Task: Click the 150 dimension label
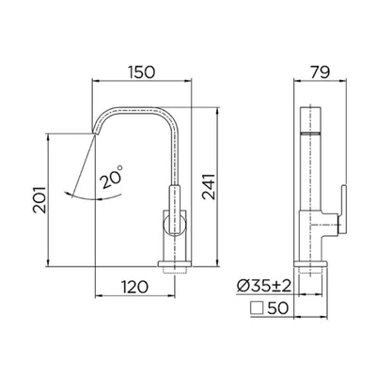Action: coord(141,71)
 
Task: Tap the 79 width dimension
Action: coord(321,72)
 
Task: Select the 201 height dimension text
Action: coord(39,200)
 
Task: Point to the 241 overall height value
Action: coord(209,187)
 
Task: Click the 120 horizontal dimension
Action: coord(134,287)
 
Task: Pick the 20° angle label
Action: coord(111,178)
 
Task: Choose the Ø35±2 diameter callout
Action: coord(264,286)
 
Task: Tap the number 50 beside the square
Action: coord(278,308)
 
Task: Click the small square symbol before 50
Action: coord(257,307)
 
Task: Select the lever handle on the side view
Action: coord(342,210)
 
